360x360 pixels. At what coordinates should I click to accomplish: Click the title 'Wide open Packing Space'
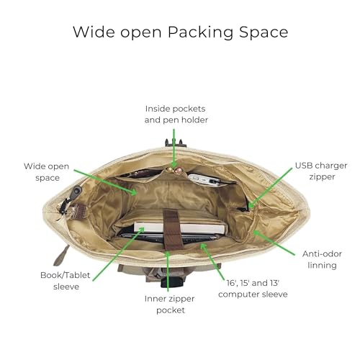pyautogui.click(x=181, y=32)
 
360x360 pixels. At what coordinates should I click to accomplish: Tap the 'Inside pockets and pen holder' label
pyautogui.click(x=176, y=114)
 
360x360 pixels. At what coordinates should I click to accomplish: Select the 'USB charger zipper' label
pyautogui.click(x=321, y=171)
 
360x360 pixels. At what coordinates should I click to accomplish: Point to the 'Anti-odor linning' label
pyautogui.click(x=322, y=260)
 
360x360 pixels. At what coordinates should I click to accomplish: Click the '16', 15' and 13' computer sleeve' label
pyautogui.click(x=253, y=289)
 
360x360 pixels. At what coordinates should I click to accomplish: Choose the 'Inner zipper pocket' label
pyautogui.click(x=169, y=305)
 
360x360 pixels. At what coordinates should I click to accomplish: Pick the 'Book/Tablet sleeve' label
pyautogui.click(x=66, y=281)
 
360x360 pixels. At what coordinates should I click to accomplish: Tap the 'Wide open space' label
pyautogui.click(x=47, y=172)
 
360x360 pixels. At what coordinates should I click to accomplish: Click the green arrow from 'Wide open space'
pyautogui.click(x=106, y=182)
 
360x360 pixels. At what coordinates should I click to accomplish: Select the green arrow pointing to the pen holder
pyautogui.click(x=174, y=148)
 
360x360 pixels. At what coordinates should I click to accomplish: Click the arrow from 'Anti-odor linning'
pyautogui.click(x=274, y=243)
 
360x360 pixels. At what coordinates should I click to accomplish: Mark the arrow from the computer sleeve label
pyautogui.click(x=213, y=261)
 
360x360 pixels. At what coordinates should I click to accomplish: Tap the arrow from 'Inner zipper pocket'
pyautogui.click(x=168, y=271)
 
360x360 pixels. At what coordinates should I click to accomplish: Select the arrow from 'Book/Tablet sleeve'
pyautogui.click(x=118, y=254)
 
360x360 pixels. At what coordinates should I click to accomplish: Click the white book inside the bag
pyautogui.click(x=180, y=228)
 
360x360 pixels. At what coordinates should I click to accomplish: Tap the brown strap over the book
pyautogui.click(x=172, y=229)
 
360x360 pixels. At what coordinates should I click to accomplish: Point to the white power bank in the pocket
pyautogui.click(x=204, y=180)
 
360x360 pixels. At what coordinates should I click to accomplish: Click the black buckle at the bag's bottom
pyautogui.click(x=172, y=282)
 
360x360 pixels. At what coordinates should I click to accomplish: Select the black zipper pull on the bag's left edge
pyautogui.click(x=77, y=192)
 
